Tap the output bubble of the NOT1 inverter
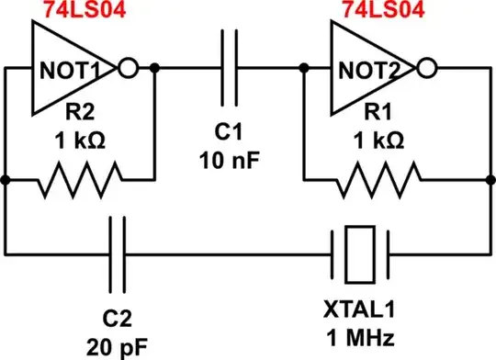coord(130,68)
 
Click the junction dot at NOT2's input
coord(303,68)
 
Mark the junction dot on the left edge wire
coord(6,181)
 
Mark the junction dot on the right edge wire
coord(487,181)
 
